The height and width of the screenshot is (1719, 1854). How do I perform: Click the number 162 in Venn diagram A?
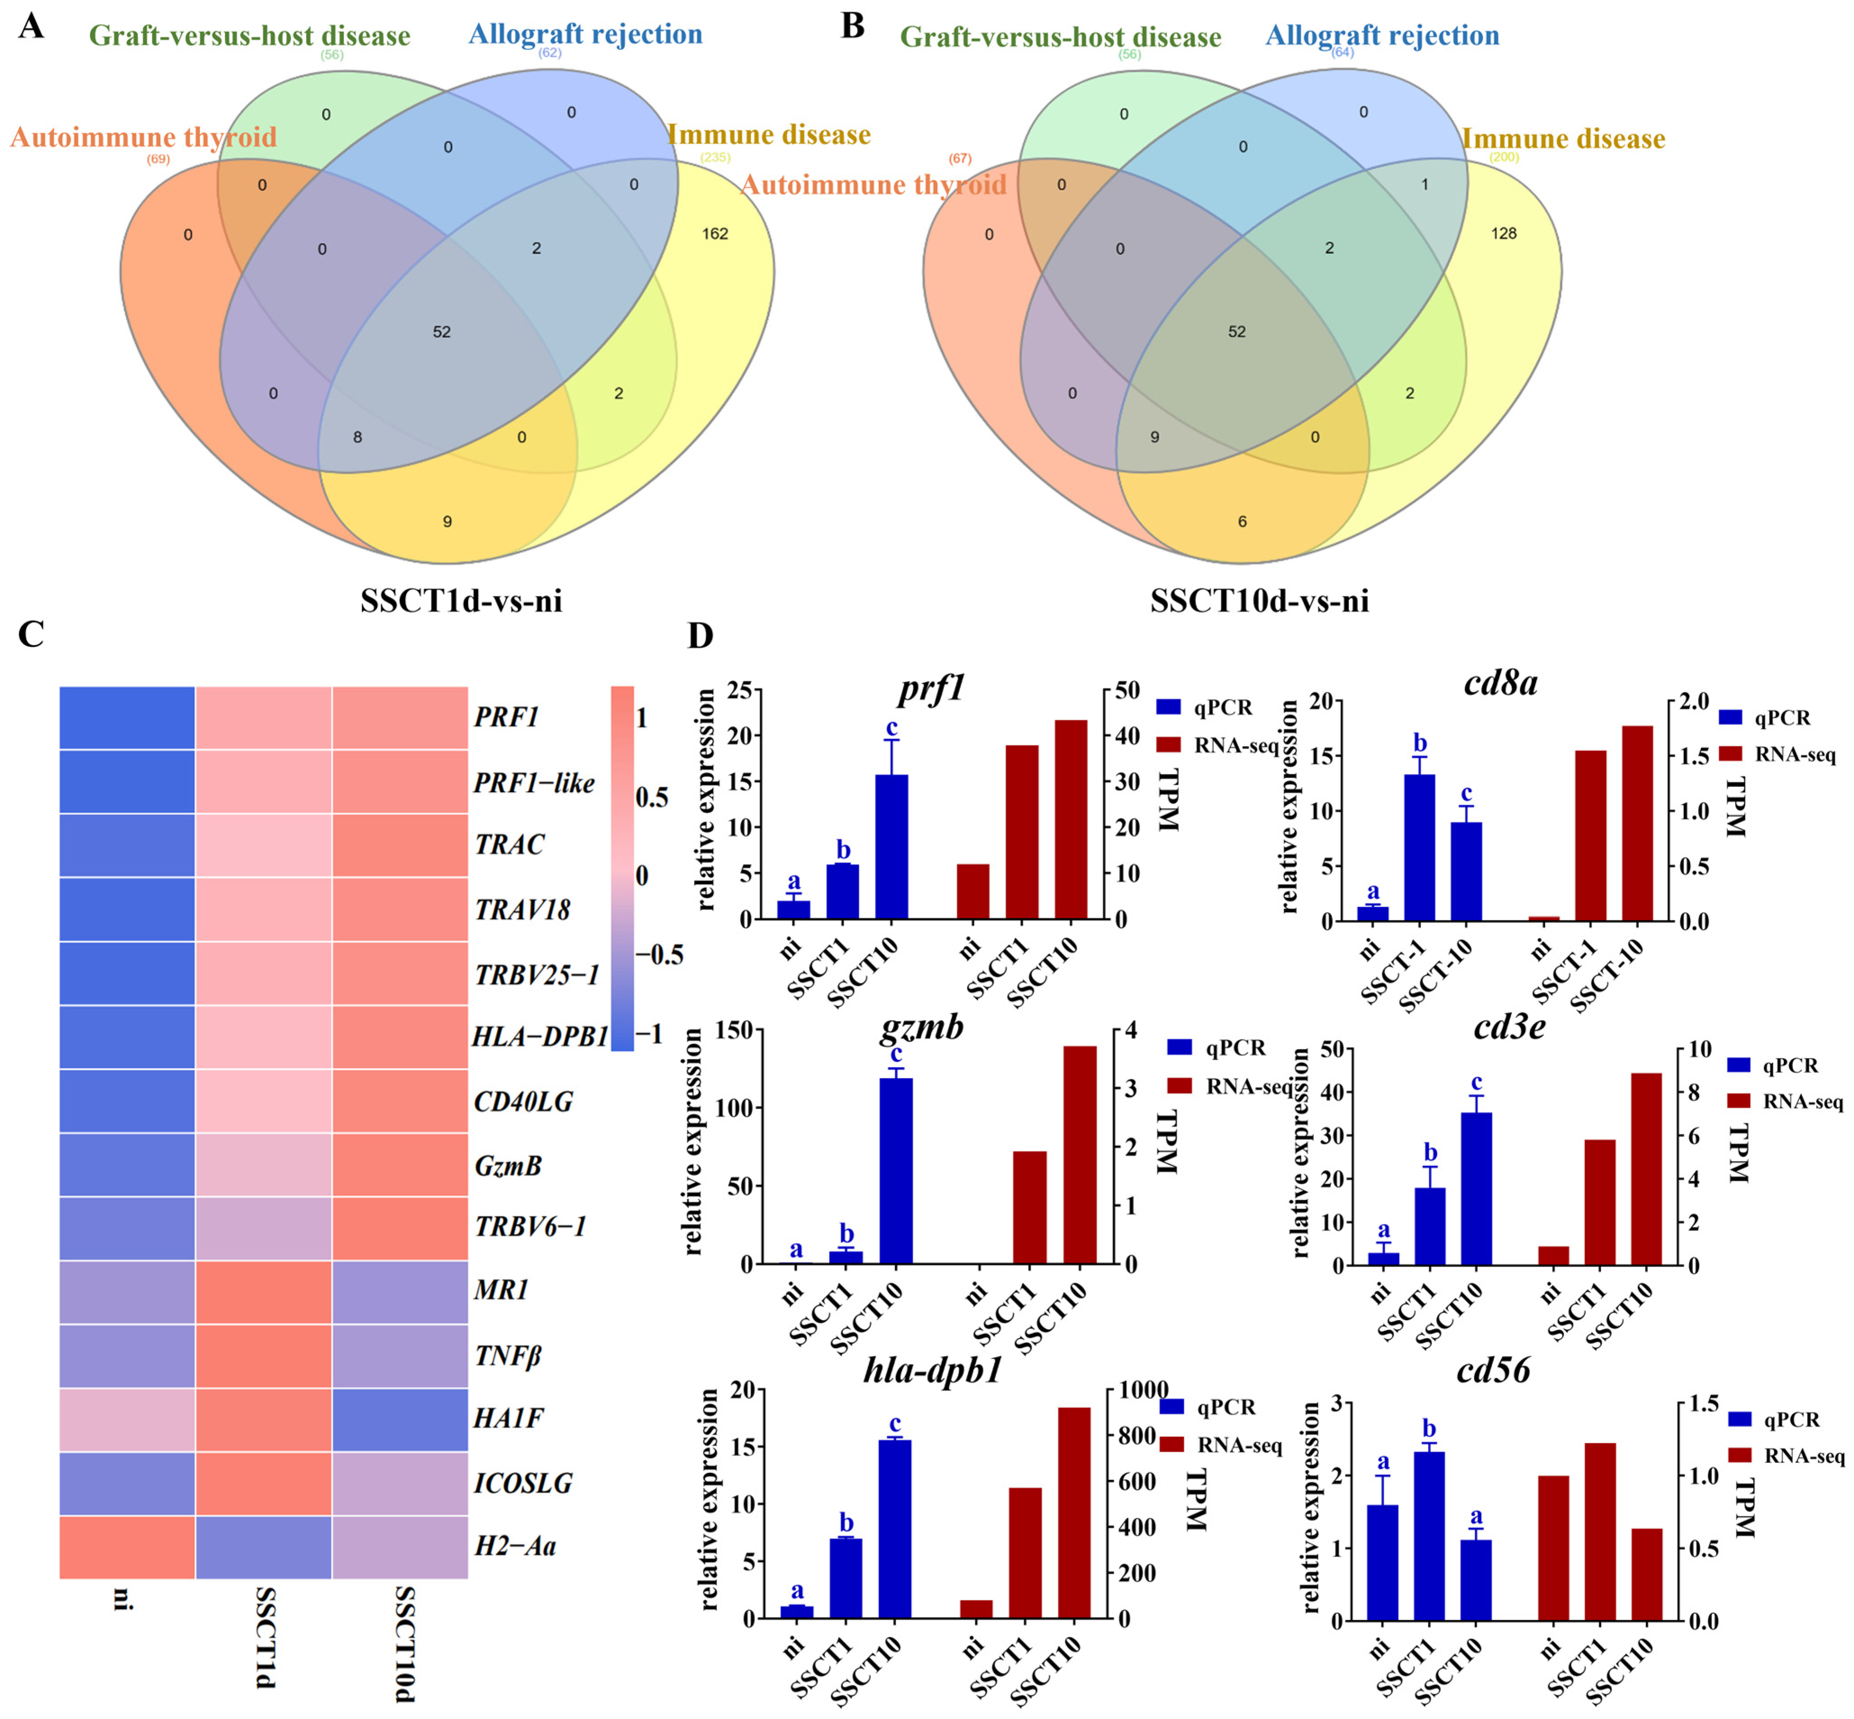tap(714, 234)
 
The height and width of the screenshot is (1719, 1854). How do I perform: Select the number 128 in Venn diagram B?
tap(1503, 234)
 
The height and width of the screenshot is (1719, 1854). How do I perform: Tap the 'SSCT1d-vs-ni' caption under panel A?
tap(461, 601)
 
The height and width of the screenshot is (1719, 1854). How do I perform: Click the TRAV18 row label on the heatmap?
tap(522, 910)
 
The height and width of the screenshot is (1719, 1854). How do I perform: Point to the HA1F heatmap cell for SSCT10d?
tap(400, 1420)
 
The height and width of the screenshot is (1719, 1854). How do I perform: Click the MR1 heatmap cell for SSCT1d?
tap(263, 1292)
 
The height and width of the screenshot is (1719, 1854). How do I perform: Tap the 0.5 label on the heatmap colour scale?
tap(651, 797)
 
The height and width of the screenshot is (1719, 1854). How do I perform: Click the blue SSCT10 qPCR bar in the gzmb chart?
tap(895, 1170)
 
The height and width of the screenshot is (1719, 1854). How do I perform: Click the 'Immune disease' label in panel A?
tap(768, 135)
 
